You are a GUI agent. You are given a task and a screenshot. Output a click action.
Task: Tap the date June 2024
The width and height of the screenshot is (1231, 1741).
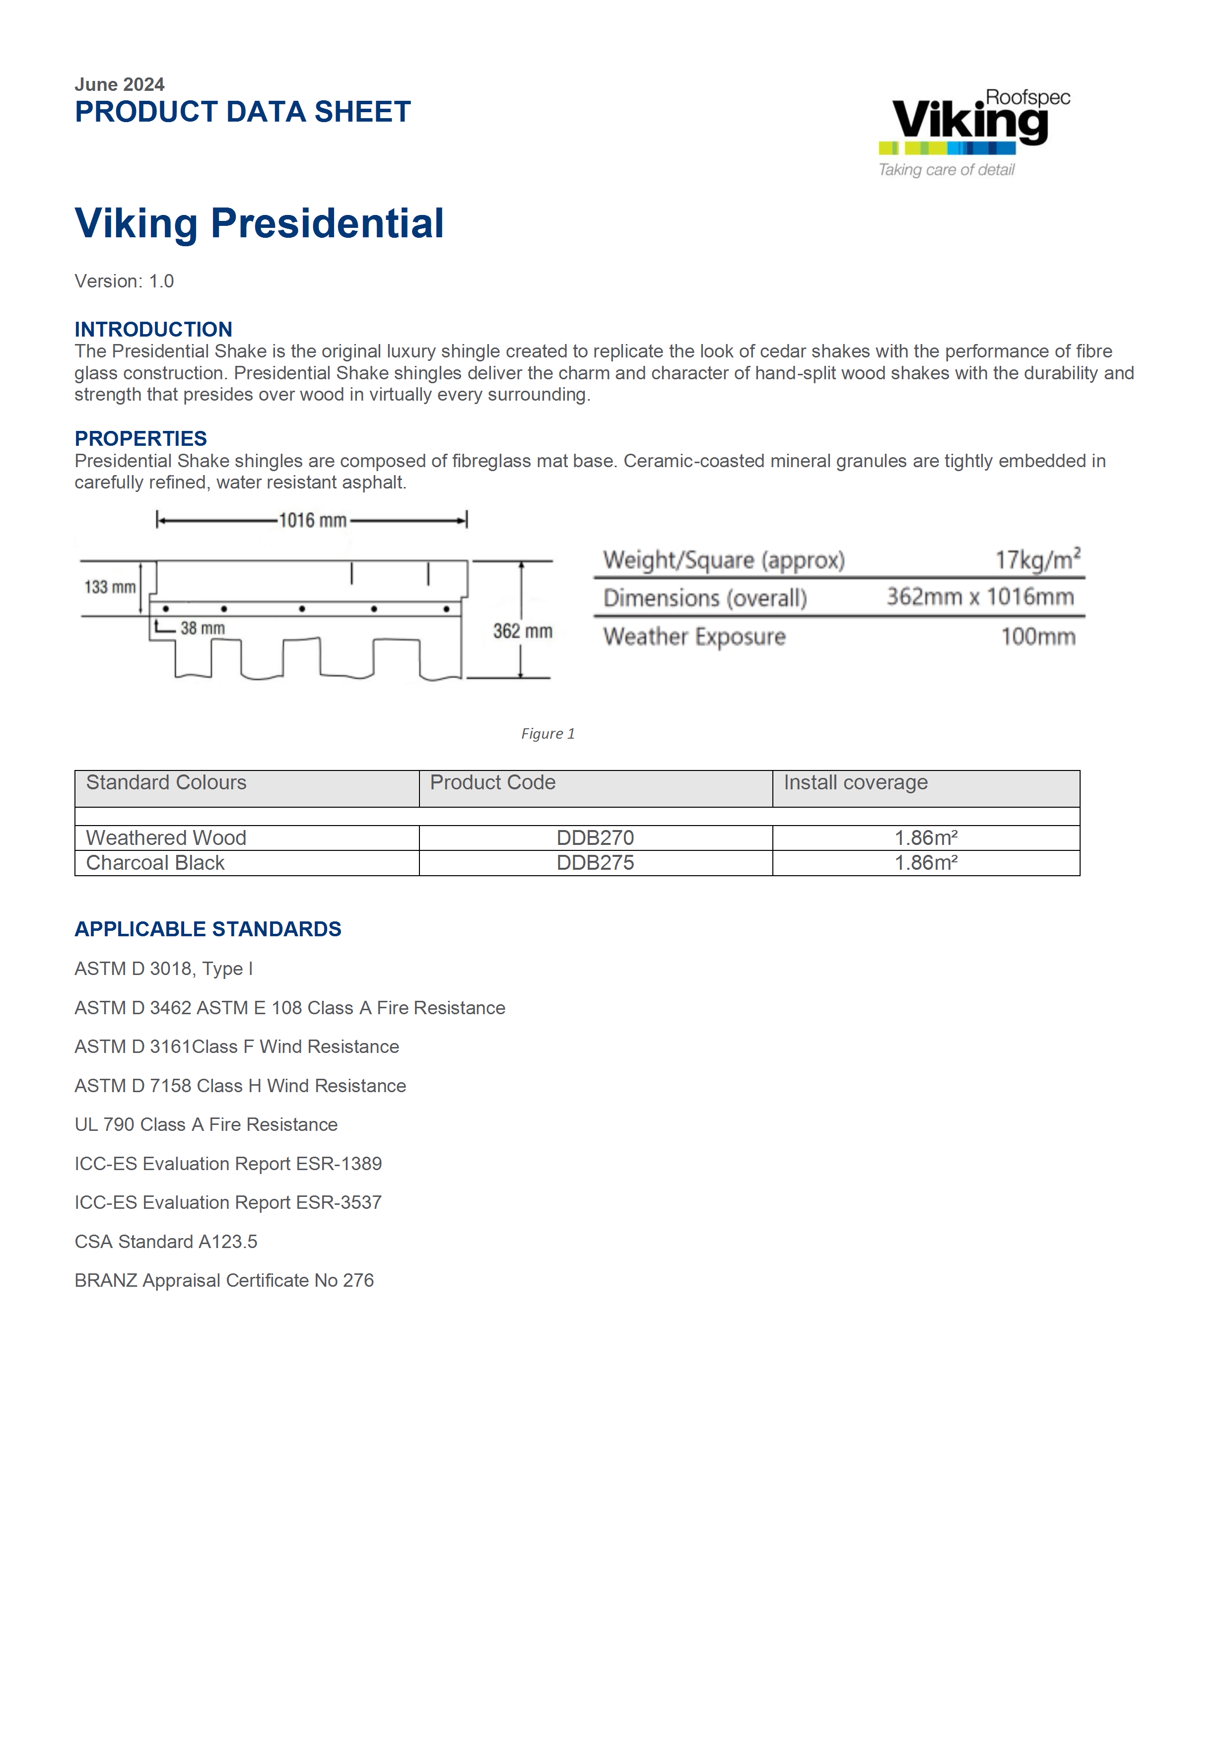(x=119, y=84)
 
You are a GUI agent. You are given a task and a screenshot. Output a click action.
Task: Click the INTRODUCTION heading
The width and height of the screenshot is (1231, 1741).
(x=153, y=329)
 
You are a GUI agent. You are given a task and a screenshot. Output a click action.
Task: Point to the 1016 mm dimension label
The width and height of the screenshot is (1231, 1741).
(x=312, y=520)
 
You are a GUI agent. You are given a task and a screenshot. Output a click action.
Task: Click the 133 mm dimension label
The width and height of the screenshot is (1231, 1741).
(x=110, y=587)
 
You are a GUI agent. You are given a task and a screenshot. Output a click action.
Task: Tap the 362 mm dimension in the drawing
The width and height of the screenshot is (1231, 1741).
(x=522, y=631)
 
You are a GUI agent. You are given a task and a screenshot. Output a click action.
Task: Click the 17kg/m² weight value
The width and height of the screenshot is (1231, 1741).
(x=1037, y=559)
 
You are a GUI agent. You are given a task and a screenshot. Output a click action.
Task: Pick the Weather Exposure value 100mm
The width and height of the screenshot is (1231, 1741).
(x=1038, y=636)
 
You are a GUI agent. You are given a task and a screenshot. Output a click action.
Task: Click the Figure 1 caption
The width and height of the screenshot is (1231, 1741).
(x=547, y=733)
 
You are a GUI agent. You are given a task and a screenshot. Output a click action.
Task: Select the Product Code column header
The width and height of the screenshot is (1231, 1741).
(x=493, y=782)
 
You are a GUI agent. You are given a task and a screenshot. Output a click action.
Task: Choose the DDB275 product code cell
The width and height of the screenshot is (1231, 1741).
(x=595, y=863)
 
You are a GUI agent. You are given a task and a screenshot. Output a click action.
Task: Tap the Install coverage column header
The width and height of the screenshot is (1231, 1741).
(x=855, y=782)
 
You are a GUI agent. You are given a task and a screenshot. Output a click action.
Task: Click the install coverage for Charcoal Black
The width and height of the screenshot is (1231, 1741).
(x=926, y=863)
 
